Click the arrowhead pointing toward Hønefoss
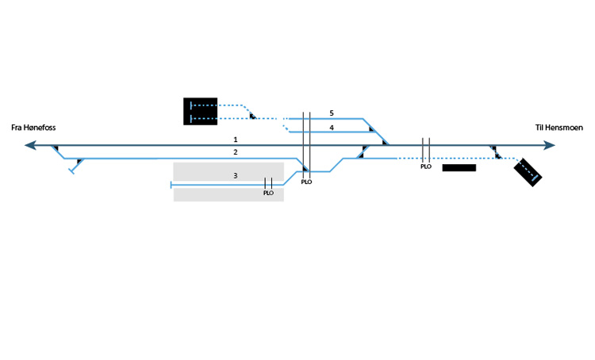pos(31,145)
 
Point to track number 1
pos(235,140)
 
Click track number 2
pos(235,151)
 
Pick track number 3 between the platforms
pos(235,174)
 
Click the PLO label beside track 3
pos(268,193)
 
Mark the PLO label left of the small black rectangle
pos(425,167)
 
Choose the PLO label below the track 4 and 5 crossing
pos(306,182)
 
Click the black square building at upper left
pos(200,111)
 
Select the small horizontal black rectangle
pos(459,168)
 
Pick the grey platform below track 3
pos(228,195)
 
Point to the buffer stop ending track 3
pos(171,185)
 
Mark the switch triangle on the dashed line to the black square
pos(252,117)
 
